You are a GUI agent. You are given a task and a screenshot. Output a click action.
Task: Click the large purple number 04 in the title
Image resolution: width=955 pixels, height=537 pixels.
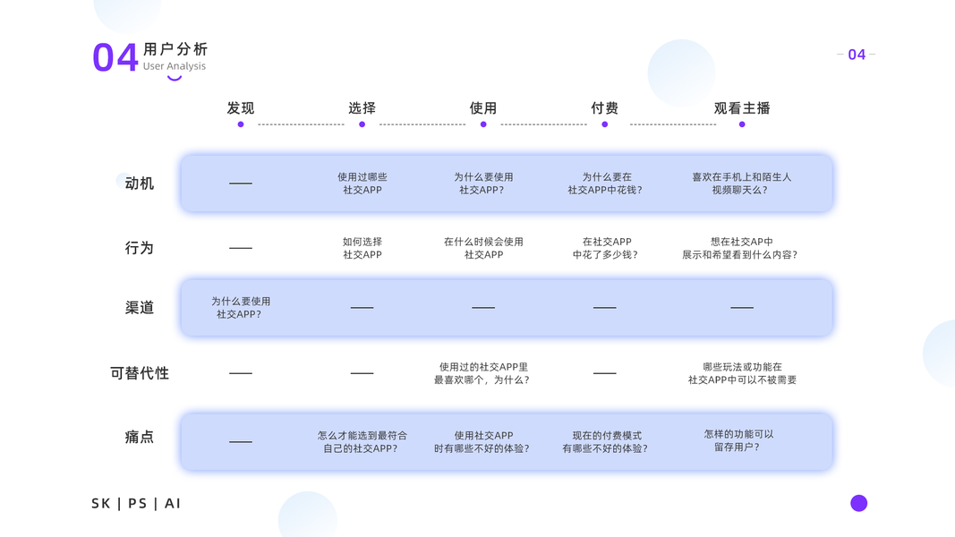[115, 57]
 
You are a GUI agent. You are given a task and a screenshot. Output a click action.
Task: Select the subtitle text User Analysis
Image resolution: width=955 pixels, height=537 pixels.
[175, 66]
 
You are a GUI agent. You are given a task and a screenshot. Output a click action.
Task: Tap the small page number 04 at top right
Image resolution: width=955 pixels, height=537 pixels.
[857, 55]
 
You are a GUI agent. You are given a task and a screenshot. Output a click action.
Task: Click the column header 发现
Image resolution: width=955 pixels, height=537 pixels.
[241, 108]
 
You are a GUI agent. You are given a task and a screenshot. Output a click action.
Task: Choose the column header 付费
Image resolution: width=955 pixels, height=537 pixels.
[605, 108]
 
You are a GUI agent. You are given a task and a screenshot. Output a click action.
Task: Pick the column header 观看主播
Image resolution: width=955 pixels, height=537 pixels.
[742, 108]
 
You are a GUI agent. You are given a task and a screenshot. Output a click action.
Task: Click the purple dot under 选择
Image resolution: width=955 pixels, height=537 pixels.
[362, 124]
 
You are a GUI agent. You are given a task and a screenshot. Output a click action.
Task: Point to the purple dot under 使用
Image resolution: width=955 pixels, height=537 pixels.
[483, 124]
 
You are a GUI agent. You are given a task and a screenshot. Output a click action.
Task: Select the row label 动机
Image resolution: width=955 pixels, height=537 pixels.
[140, 183]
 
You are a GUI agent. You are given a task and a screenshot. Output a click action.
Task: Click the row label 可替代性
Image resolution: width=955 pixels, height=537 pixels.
[140, 373]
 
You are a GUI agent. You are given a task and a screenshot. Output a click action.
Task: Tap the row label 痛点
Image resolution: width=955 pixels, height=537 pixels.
[140, 437]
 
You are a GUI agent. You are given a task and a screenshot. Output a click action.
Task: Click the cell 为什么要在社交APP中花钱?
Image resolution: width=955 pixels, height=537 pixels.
[605, 183]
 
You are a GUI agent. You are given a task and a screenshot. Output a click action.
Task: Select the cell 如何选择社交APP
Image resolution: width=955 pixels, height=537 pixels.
[362, 248]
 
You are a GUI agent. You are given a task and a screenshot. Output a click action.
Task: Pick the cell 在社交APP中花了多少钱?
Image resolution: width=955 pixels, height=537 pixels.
[605, 248]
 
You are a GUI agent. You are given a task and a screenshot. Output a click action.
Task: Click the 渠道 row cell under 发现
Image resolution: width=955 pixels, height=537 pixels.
[241, 308]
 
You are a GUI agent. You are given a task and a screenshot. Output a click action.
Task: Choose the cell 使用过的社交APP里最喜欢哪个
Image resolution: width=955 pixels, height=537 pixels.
[483, 373]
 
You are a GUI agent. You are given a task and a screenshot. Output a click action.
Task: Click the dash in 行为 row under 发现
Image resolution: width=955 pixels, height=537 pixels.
[241, 248]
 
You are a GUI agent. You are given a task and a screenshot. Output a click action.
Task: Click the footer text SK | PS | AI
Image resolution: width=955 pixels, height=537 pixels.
[136, 504]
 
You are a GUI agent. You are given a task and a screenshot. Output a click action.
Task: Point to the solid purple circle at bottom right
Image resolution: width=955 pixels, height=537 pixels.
[859, 503]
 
